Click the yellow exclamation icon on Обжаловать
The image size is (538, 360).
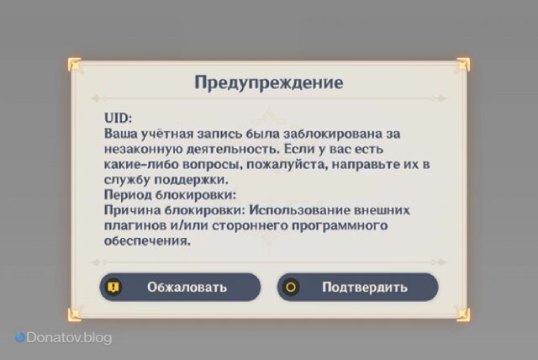[114, 287]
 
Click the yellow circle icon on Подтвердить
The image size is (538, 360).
[292, 287]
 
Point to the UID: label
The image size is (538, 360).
[119, 119]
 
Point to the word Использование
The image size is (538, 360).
[306, 211]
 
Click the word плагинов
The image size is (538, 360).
[133, 226]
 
